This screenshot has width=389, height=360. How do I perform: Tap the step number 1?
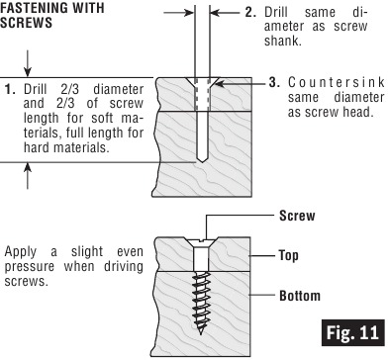pyautogui.click(x=9, y=87)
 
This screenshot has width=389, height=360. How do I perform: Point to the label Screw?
pyautogui.click(x=299, y=214)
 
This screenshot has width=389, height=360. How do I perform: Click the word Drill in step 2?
pyautogui.click(x=276, y=12)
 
